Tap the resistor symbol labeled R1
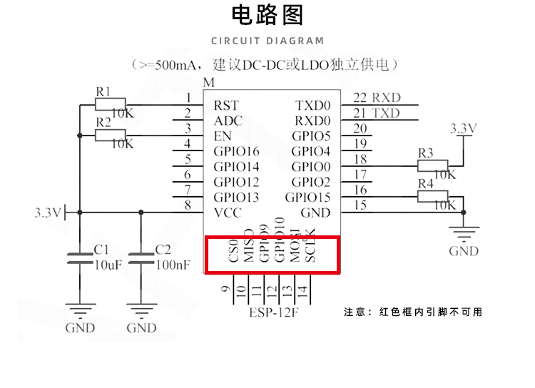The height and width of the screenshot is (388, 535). point(110,104)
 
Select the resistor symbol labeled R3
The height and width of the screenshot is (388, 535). point(432,165)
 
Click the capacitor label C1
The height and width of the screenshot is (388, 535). point(101,250)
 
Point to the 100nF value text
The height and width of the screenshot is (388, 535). point(173,265)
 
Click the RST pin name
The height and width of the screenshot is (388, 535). point(226,106)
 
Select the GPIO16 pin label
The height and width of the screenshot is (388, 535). point(236,151)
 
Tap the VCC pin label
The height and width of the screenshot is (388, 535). point(228,213)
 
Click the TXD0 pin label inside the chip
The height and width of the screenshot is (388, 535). point(313,106)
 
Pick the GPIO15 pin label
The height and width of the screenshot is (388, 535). point(307,198)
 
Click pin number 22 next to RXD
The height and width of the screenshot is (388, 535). point(360,98)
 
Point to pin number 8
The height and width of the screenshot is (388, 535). point(188,205)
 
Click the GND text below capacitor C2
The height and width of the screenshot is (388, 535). point(141,328)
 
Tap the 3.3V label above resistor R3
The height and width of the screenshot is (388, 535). point(464,128)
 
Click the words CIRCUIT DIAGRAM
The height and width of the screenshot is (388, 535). point(267,41)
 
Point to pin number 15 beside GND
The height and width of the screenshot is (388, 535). point(360,205)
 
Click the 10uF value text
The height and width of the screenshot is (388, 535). point(110,265)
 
